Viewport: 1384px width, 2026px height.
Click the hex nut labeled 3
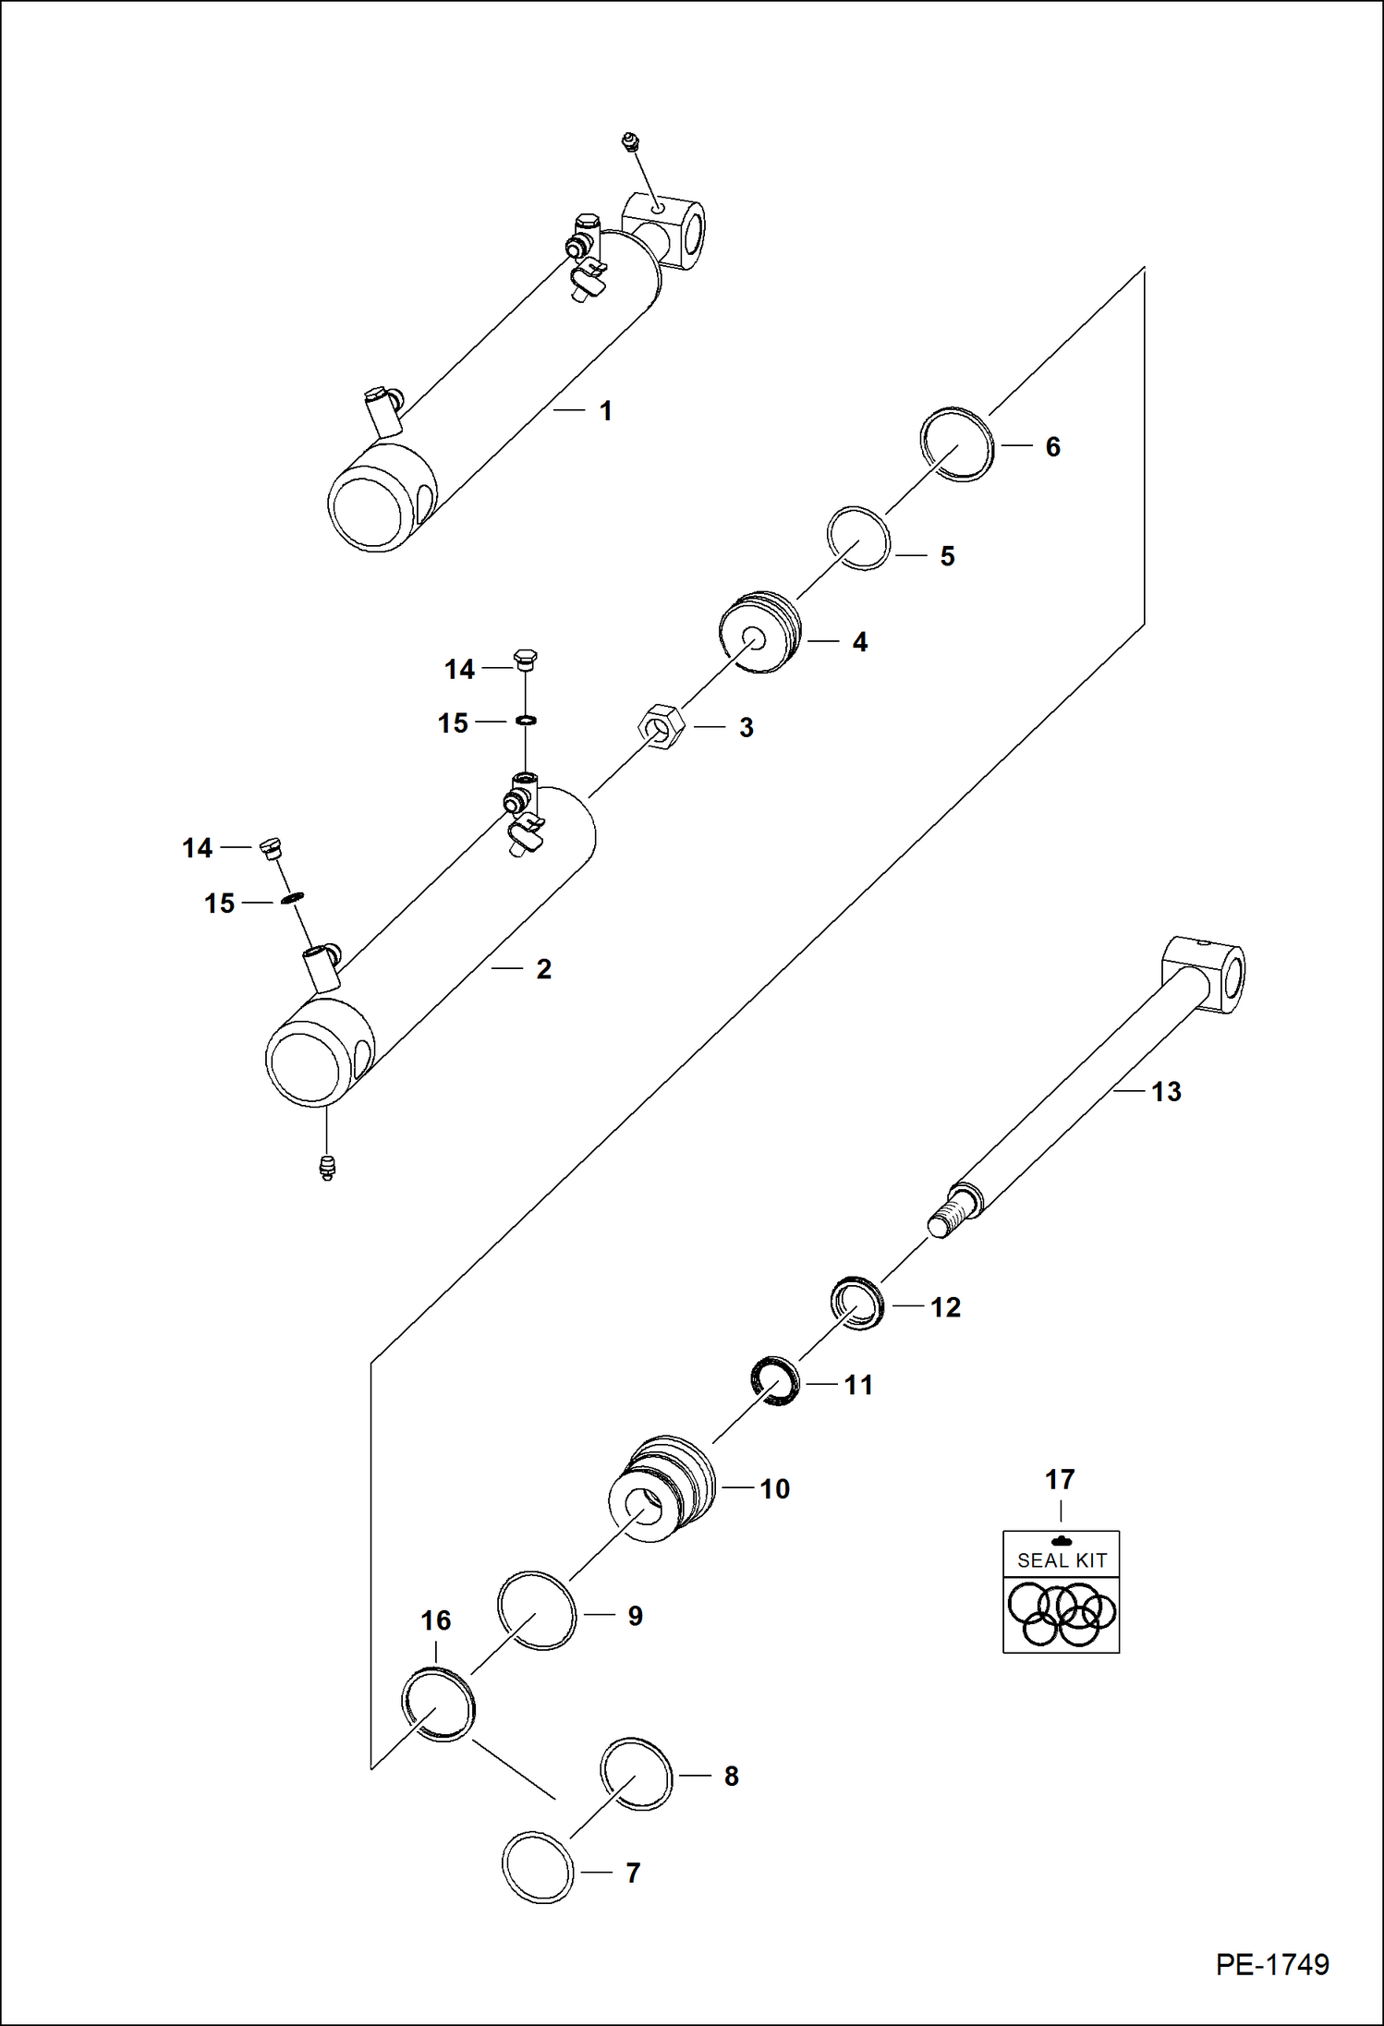click(x=661, y=726)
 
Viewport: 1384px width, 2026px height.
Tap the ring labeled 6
click(x=958, y=445)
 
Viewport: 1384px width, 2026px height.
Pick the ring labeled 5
click(x=858, y=539)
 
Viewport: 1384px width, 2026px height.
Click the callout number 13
click(x=1166, y=1092)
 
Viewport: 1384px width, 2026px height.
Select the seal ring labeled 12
click(x=857, y=1303)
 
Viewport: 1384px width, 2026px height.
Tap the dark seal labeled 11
click(x=775, y=1381)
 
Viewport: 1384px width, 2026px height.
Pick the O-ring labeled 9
click(x=537, y=1610)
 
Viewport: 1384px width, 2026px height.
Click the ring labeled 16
click(x=439, y=1703)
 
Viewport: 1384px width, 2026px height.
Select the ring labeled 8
click(x=637, y=1774)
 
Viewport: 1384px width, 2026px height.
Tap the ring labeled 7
click(x=538, y=1867)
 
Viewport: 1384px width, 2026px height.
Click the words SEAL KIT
click(x=1062, y=1560)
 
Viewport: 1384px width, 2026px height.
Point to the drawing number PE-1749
click(x=1272, y=1964)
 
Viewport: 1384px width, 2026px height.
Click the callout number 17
click(x=1060, y=1479)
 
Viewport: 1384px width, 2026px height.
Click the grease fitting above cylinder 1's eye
click(x=631, y=142)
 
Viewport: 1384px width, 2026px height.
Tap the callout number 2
click(x=544, y=969)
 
